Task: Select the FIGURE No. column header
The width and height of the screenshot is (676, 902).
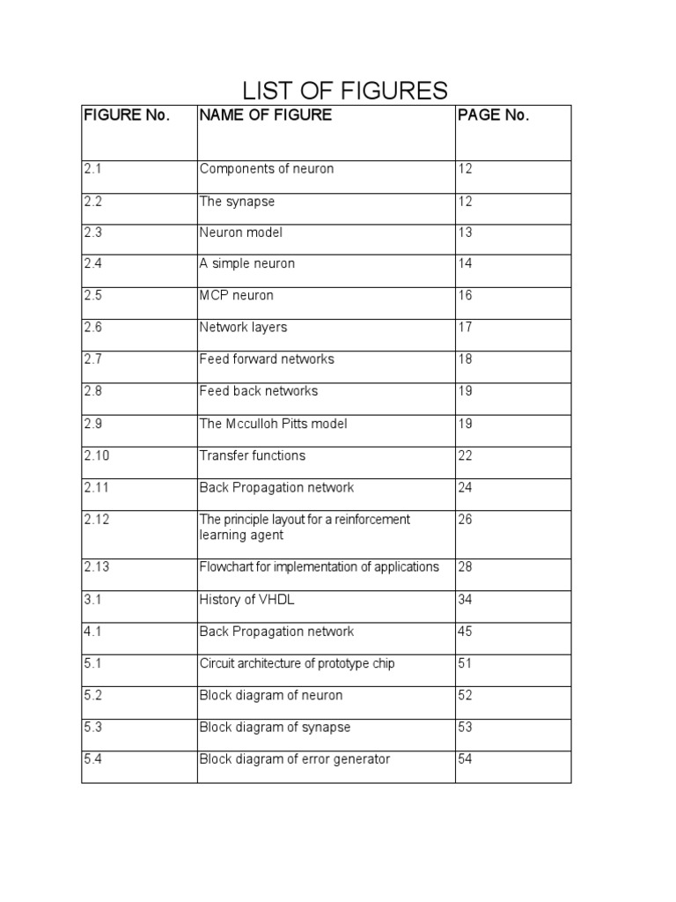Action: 126,115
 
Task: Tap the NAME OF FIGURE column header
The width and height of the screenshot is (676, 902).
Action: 266,115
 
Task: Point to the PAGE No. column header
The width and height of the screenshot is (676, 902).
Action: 493,115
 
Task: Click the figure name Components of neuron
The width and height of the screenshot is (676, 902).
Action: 267,169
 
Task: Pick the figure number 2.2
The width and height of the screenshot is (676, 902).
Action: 93,202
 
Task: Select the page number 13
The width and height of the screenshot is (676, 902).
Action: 465,233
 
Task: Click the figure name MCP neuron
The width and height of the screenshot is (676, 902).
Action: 237,296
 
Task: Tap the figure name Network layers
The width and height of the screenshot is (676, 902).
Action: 243,328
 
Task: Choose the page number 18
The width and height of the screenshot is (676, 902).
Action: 465,359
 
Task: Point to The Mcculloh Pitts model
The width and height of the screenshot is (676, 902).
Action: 273,424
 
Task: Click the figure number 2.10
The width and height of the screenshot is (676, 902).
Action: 97,455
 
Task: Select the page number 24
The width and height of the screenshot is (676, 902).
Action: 465,487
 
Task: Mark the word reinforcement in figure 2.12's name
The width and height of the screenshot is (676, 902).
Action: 374,520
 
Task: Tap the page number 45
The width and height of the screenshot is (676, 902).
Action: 465,632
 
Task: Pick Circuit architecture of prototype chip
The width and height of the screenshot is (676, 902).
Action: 297,663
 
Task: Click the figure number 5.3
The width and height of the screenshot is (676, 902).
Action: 93,728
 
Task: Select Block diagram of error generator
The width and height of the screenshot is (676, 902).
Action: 294,759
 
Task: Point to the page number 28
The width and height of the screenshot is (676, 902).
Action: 465,567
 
